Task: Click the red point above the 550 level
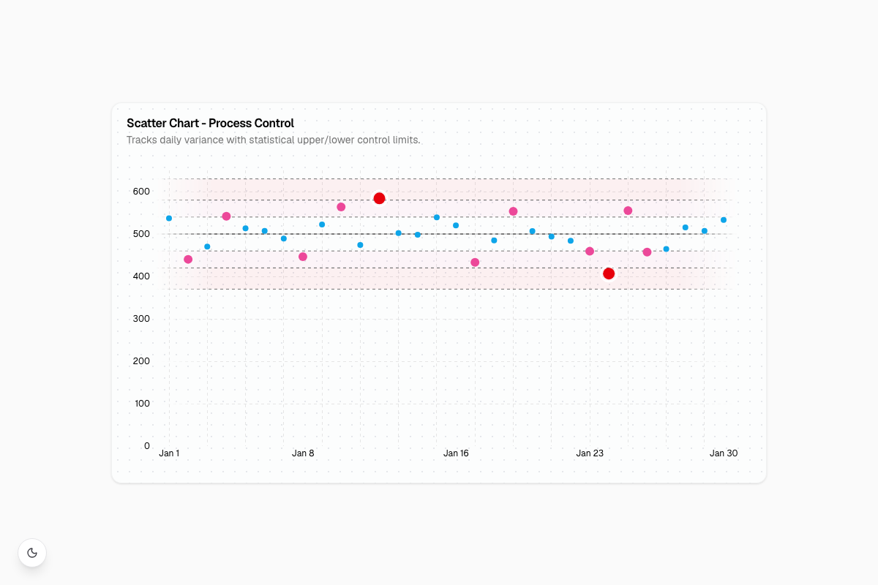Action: (x=379, y=198)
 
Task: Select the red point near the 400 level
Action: (x=609, y=273)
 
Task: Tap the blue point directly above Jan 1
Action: (x=169, y=218)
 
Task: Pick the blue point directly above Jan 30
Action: (x=724, y=220)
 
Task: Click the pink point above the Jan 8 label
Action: (x=303, y=257)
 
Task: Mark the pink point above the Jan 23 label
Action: (x=590, y=251)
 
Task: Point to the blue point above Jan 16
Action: (x=456, y=225)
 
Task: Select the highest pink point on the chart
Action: (x=341, y=207)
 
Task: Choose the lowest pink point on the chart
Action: (x=475, y=262)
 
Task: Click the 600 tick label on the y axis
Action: (x=141, y=191)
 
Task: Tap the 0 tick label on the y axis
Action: (x=147, y=445)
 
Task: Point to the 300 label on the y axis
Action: (x=141, y=319)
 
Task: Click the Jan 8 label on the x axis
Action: (x=303, y=453)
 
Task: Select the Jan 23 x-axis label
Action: (x=590, y=453)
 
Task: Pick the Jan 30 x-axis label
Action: (x=724, y=453)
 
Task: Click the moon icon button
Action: (x=32, y=553)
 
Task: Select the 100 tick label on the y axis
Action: (x=142, y=403)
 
